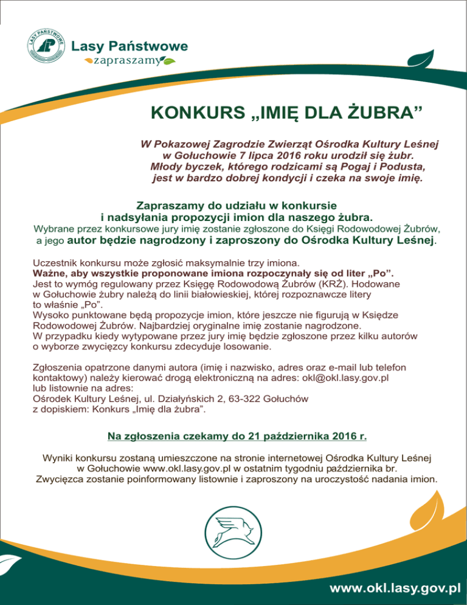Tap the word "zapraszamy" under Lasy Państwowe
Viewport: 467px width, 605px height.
pyautogui.click(x=126, y=61)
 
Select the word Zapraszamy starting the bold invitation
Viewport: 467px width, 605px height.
pyautogui.click(x=171, y=205)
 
